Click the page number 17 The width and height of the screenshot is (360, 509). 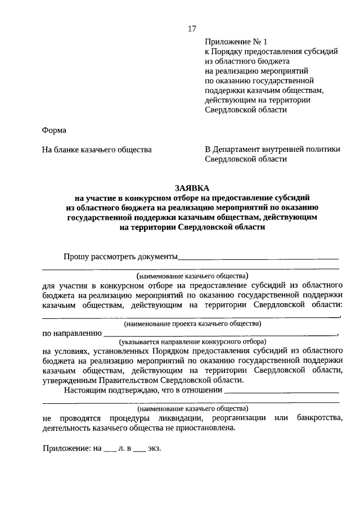[192, 28]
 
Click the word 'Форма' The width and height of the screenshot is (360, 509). [54, 130]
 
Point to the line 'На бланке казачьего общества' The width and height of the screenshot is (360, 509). [97, 150]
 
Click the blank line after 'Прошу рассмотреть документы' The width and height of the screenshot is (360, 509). [258, 259]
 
